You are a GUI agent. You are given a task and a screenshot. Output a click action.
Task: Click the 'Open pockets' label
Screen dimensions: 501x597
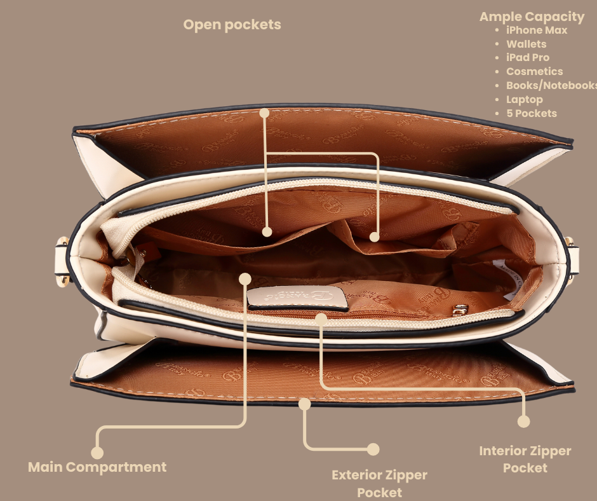tap(232, 25)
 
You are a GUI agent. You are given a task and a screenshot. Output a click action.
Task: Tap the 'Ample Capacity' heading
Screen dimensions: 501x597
tap(532, 17)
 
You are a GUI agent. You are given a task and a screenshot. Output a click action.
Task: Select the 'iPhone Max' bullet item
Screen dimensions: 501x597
tap(537, 30)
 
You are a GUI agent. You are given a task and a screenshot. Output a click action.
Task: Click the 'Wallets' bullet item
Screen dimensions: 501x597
tap(526, 44)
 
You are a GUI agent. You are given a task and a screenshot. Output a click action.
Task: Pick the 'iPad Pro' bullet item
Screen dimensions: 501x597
tap(528, 57)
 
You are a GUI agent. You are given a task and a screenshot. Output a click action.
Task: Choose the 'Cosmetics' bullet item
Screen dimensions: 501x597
tap(534, 71)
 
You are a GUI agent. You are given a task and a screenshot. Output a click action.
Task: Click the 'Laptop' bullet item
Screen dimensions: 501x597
tap(524, 99)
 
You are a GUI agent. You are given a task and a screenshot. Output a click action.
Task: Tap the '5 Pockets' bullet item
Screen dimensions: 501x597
tap(531, 113)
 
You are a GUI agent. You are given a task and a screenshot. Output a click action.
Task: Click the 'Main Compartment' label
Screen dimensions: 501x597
tap(97, 467)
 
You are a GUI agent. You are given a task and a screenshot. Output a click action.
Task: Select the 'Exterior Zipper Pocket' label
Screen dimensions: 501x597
tap(379, 483)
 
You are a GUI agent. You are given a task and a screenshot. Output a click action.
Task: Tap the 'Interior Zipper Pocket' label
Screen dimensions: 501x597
tap(525, 459)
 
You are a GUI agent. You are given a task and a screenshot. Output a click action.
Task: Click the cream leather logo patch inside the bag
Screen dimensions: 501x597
tap(298, 298)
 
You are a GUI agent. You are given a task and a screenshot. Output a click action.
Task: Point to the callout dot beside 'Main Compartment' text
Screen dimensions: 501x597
tap(97, 453)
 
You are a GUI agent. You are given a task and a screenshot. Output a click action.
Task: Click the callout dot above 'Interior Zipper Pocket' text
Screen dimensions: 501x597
tap(523, 421)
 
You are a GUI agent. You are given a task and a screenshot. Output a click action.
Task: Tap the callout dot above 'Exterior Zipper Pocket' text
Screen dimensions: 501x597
tap(373, 449)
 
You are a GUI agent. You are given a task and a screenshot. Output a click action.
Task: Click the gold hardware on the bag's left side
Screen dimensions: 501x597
tap(63, 251)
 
